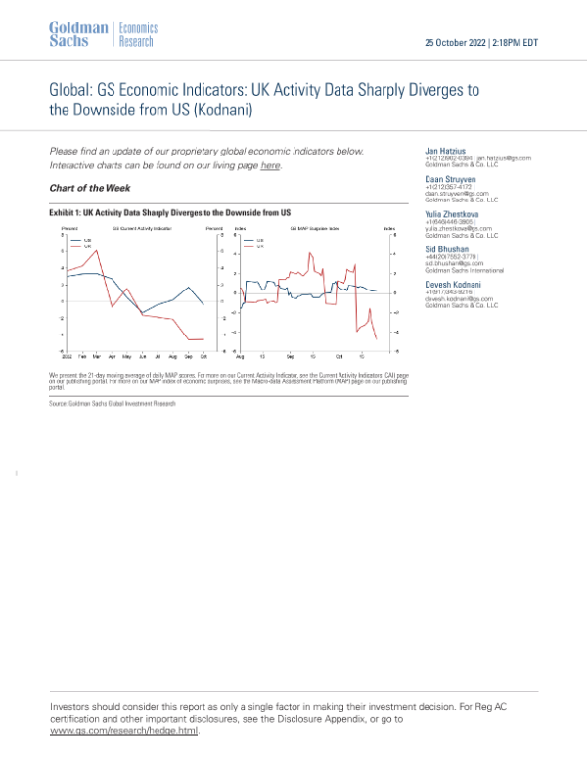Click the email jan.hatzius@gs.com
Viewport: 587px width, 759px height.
pos(508,157)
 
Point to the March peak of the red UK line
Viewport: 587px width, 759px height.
pos(98,251)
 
